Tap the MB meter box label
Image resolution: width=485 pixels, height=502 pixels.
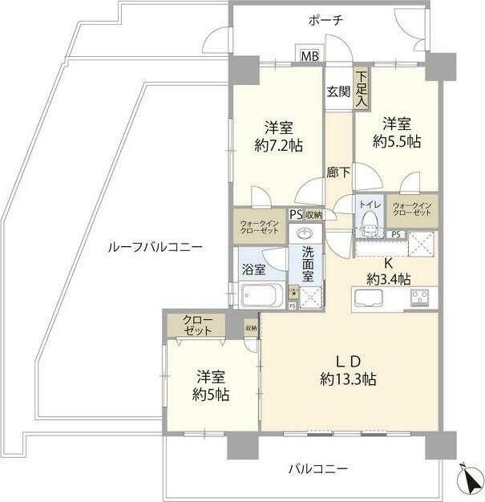[x=309, y=56]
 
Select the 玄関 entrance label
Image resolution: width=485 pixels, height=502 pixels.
[x=337, y=91]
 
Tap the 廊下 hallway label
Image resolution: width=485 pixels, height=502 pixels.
[x=337, y=171]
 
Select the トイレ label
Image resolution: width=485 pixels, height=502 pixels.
[x=369, y=205]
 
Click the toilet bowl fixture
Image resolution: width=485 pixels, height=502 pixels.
[x=367, y=225]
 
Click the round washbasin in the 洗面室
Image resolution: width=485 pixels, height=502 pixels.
[x=305, y=234]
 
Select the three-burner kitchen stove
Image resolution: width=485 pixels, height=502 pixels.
[x=422, y=298]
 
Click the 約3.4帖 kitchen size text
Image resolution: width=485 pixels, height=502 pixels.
[x=390, y=279]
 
